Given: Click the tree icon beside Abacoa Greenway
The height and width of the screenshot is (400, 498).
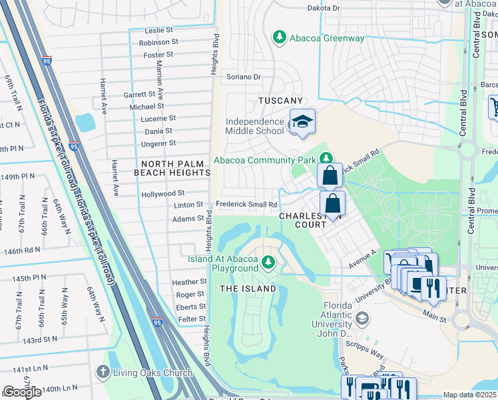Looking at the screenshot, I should [280, 38].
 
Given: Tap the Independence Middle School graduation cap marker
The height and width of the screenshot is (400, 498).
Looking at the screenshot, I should [302, 122].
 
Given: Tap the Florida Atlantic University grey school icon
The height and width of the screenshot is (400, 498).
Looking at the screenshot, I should [362, 318].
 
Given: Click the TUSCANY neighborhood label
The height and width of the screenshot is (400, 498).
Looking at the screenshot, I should [280, 100].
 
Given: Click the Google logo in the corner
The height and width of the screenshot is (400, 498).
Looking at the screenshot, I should [22, 392].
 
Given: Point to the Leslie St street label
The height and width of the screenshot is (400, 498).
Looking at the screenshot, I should [159, 31].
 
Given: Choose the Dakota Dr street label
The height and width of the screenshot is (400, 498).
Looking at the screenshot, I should [323, 8].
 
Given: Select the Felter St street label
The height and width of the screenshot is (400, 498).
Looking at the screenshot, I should [192, 319].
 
